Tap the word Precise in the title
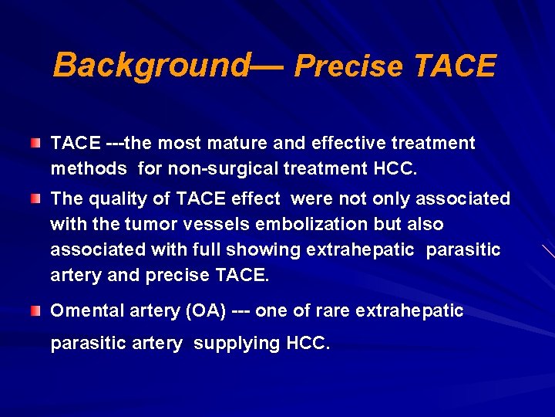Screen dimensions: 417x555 coord(348,66)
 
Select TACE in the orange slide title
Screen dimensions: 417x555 coord(454,66)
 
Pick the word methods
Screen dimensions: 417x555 coord(88,168)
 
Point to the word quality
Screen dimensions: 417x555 coord(116,199)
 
